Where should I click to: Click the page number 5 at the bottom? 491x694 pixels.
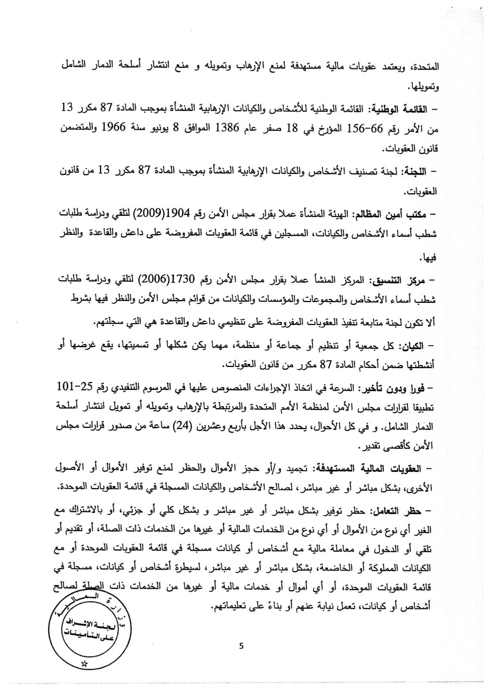[x=242, y=646]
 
